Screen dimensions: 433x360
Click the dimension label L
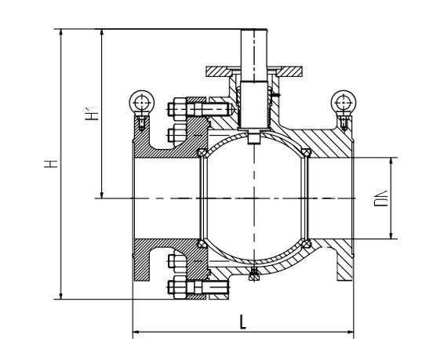pos(242,322)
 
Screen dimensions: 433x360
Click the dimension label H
pos(51,164)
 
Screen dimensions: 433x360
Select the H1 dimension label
pos(92,113)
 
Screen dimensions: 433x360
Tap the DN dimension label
pos(381,198)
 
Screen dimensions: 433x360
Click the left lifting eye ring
pos(142,102)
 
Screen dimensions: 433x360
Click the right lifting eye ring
pos(344,102)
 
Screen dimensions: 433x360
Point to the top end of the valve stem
pos(254,30)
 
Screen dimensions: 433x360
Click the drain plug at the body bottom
pos(254,275)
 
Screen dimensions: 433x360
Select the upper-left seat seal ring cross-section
pos(202,153)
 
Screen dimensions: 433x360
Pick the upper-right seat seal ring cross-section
pos(306,153)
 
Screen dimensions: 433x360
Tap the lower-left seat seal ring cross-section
pos(202,244)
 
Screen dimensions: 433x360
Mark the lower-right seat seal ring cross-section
pos(306,244)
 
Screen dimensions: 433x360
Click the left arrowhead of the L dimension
pos(136,332)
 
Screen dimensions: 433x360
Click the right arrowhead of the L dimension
pos(351,332)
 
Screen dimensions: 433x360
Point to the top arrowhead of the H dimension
pos(61,32)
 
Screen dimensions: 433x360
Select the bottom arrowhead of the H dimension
pos(61,296)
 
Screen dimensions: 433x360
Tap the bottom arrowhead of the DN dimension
pos(391,235)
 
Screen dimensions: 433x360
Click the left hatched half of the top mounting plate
pos(220,72)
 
